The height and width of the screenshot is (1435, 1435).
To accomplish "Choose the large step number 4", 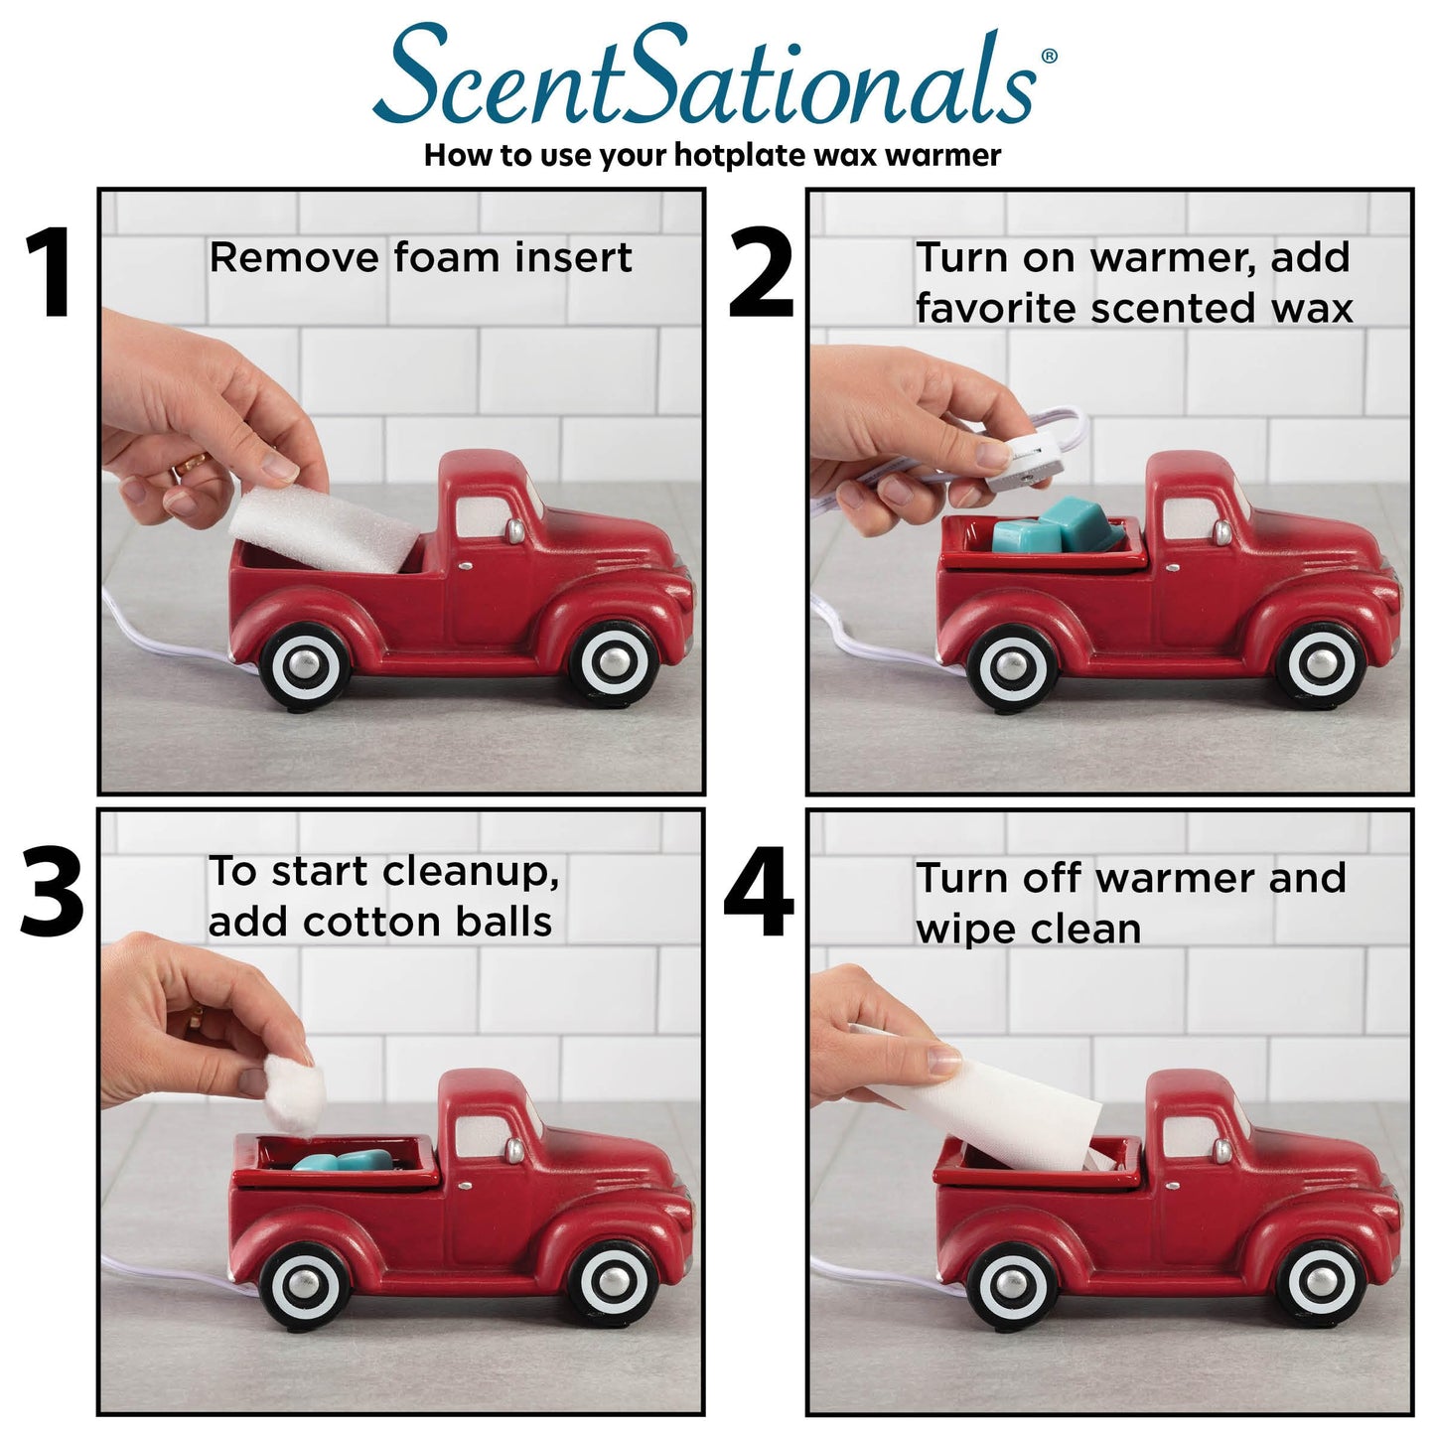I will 759,893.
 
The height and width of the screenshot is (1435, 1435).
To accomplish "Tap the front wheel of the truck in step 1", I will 614,662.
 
